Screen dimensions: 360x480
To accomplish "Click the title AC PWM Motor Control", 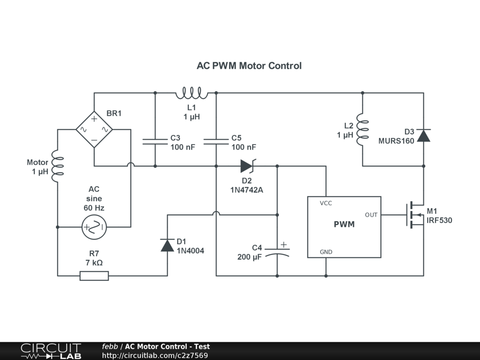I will click(249, 66).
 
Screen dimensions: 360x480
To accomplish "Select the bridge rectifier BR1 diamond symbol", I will click(94, 129).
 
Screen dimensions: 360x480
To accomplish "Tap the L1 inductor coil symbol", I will click(192, 94).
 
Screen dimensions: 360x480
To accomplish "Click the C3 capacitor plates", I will click(155, 142).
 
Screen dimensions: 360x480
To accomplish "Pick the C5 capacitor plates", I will click(216, 142).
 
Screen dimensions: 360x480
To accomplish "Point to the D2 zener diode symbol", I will click(247, 166).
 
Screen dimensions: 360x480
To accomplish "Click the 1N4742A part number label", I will click(247, 190).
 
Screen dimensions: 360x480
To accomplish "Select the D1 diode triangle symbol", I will click(167, 245).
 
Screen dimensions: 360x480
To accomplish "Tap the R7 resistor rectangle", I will click(94, 276).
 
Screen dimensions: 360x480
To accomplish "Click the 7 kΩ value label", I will click(94, 262).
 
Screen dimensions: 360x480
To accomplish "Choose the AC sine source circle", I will click(94, 227).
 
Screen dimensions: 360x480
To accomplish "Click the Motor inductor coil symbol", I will click(58, 166).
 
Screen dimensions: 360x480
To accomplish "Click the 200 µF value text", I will click(250, 257).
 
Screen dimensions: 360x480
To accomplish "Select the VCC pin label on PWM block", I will click(326, 203).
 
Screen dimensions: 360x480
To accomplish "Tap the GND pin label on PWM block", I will click(326, 252).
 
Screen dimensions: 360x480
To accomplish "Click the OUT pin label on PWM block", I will click(371, 215).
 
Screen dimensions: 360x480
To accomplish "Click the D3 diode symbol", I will click(424, 135).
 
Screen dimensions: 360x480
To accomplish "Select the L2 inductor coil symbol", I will click(363, 129).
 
